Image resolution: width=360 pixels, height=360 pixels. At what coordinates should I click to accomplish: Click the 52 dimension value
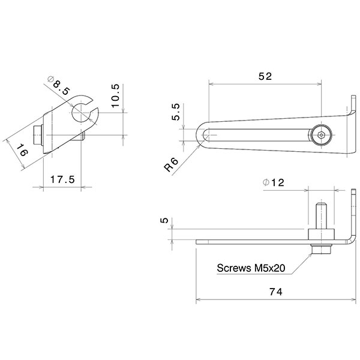[265, 77]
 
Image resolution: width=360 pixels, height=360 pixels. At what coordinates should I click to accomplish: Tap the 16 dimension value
[21, 151]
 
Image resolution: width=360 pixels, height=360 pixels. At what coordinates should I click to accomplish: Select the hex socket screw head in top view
[323, 136]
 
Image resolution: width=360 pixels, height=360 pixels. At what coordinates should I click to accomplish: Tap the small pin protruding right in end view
[85, 135]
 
